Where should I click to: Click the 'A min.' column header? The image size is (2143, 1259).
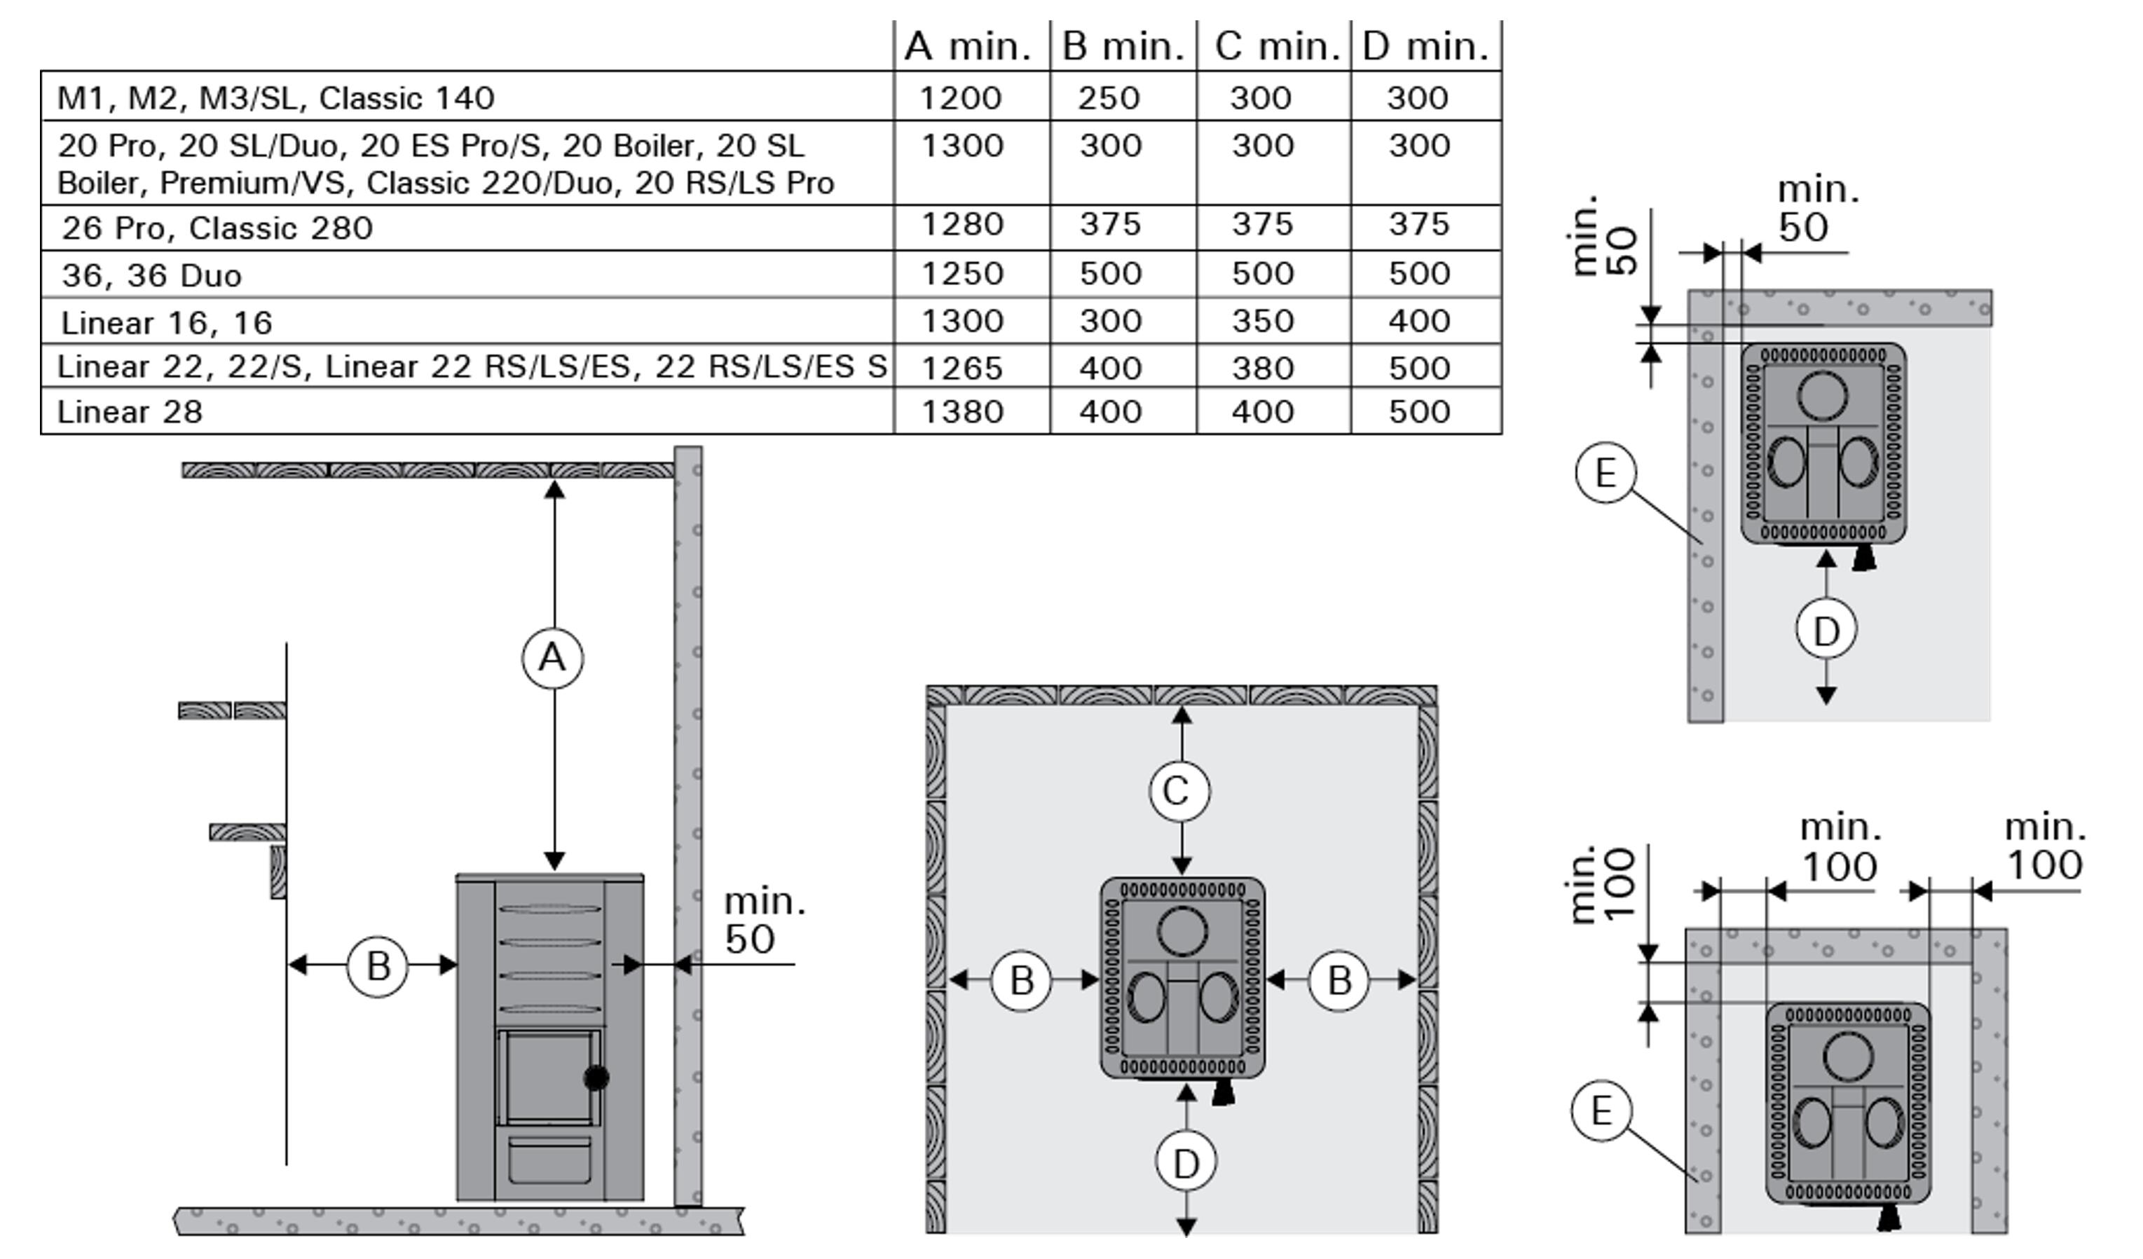[x=967, y=46]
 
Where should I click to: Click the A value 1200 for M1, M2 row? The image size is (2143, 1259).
[x=961, y=98]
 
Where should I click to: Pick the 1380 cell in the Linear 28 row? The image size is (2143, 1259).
[x=963, y=411]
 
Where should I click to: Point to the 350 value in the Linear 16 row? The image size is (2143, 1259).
[x=1262, y=322]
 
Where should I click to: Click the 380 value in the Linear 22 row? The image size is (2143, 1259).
[x=1262, y=368]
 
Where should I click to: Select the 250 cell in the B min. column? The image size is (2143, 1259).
[x=1109, y=98]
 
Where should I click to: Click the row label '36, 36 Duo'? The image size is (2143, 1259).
[x=151, y=275]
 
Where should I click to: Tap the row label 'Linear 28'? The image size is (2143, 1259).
[x=129, y=412]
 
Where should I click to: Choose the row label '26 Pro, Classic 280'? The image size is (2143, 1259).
[x=217, y=228]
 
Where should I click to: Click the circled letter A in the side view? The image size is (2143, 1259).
[x=553, y=658]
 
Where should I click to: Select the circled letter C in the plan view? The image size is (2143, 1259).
[x=1179, y=792]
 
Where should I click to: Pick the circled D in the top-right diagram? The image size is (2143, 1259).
[x=1826, y=630]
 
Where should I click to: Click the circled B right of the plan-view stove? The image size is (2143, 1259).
[x=1338, y=981]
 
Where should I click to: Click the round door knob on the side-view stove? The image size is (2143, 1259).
[x=596, y=1078]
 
